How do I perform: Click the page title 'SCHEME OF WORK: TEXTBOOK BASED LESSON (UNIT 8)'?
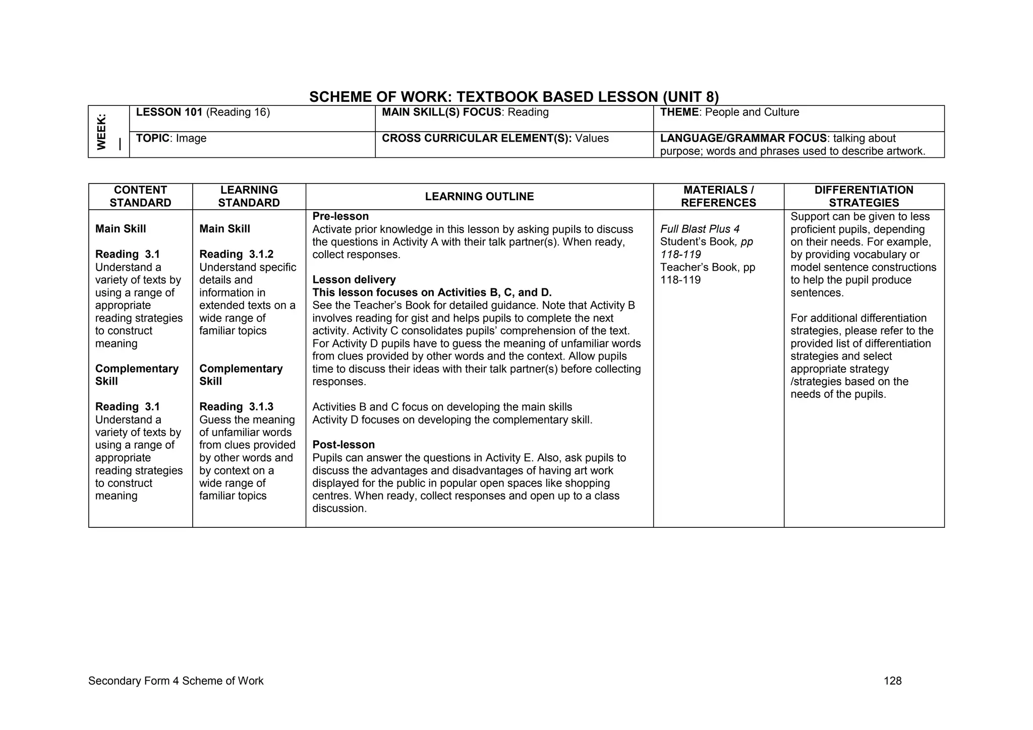513,97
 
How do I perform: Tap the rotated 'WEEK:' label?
102,132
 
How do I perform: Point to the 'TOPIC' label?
152,139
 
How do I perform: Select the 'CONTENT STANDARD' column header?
140,197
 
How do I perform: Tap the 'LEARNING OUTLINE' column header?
479,197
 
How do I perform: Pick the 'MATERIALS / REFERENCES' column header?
718,197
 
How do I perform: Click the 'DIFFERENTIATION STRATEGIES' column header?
864,197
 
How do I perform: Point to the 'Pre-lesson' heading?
340,217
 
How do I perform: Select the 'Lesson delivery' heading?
354,280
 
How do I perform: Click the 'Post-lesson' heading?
343,445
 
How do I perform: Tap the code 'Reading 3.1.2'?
236,255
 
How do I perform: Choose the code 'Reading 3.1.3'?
236,407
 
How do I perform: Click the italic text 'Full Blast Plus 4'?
700,229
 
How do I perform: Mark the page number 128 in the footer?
892,681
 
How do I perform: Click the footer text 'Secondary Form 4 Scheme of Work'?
176,681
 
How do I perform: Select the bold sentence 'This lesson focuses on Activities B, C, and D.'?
432,293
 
